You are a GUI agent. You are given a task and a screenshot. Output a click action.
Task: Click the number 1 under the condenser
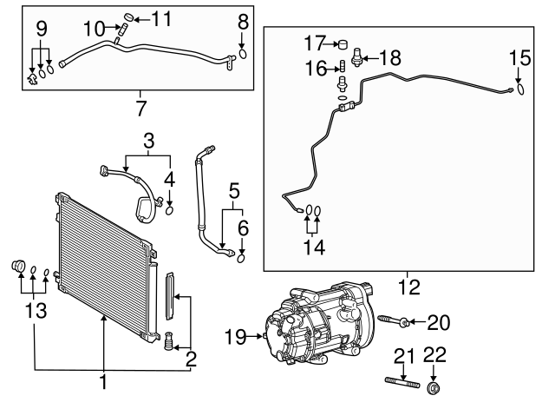pos(103,382)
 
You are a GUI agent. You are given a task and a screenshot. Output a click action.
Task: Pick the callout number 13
pos(34,310)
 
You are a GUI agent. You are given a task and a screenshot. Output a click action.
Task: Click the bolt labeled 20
pos(391,324)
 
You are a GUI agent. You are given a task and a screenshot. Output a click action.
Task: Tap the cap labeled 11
pos(128,17)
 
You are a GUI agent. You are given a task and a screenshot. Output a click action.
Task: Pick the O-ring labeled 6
pos(241,256)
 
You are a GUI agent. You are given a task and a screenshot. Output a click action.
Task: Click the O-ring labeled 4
pos(169,209)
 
